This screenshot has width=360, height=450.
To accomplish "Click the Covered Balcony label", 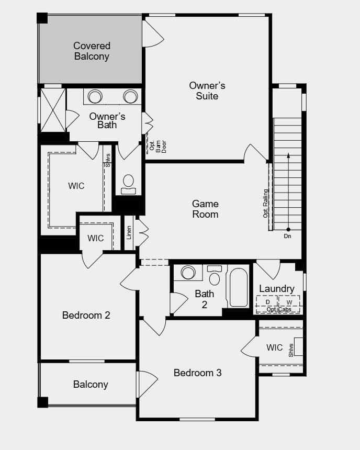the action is click(92, 51).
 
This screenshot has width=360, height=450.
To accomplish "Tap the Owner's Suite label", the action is click(207, 91).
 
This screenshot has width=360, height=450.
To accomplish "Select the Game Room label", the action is click(205, 209).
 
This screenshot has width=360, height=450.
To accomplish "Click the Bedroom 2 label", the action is click(86, 315).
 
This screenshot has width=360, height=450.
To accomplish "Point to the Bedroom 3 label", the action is click(197, 373).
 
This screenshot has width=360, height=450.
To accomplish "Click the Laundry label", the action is click(277, 289).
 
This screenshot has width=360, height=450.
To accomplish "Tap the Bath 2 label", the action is click(205, 299).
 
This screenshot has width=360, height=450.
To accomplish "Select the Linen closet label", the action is click(129, 232).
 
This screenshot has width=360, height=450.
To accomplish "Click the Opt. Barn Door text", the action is click(158, 147).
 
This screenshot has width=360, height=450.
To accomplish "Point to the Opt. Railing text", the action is click(265, 203).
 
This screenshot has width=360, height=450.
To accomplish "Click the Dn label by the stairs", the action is click(287, 236).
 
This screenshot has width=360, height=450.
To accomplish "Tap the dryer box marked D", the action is click(267, 304).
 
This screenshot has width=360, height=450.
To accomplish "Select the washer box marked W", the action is click(289, 304).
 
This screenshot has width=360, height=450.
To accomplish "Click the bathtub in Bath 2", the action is click(239, 287).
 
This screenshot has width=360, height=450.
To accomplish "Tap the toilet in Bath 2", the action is click(215, 276).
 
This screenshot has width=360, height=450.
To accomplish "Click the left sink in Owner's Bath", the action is click(95, 96).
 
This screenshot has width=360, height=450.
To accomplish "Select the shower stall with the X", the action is click(53, 110).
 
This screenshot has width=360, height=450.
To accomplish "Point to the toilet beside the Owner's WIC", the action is click(128, 185).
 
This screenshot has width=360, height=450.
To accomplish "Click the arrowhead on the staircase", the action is click(288, 155).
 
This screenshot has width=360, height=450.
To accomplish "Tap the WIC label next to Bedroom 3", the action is click(274, 347).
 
